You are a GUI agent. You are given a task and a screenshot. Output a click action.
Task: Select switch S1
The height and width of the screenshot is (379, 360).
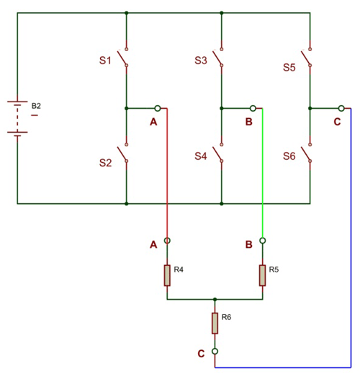click(x=125, y=58)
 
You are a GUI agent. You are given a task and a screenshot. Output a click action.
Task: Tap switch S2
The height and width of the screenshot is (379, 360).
click(x=125, y=156)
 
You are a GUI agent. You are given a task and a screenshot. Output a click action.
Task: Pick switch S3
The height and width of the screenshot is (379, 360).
click(x=221, y=58)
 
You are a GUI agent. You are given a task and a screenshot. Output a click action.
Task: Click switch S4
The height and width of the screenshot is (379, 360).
click(x=221, y=156)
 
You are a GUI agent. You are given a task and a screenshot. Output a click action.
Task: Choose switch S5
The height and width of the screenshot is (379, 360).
click(x=309, y=58)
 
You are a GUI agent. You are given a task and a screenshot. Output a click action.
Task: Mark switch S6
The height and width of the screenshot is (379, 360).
click(x=309, y=156)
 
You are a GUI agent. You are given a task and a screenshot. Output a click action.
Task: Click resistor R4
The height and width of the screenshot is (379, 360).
click(x=167, y=275)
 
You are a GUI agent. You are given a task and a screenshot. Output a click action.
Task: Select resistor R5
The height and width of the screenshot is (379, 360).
click(x=263, y=275)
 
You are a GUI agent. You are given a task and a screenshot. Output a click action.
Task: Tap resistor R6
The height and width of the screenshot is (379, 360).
click(x=215, y=323)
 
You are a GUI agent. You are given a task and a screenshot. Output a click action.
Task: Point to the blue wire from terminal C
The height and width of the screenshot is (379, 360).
click(x=351, y=252)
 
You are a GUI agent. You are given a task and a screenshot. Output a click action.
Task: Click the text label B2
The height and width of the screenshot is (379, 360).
click(x=36, y=106)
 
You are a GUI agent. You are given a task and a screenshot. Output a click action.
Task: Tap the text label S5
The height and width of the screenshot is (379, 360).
click(x=289, y=68)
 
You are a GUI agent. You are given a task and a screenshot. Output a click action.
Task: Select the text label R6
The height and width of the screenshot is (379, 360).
click(x=226, y=317)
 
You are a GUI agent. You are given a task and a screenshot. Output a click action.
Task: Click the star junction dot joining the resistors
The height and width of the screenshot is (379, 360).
click(x=215, y=299)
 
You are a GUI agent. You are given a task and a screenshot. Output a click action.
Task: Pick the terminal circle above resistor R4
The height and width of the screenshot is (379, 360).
click(x=167, y=240)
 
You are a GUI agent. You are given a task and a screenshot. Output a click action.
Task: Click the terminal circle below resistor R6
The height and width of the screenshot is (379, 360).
click(x=215, y=352)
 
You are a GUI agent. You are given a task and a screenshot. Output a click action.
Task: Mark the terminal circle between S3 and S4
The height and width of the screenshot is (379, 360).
click(x=253, y=108)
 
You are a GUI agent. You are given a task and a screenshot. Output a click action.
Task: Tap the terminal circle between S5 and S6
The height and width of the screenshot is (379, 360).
click(x=341, y=108)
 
